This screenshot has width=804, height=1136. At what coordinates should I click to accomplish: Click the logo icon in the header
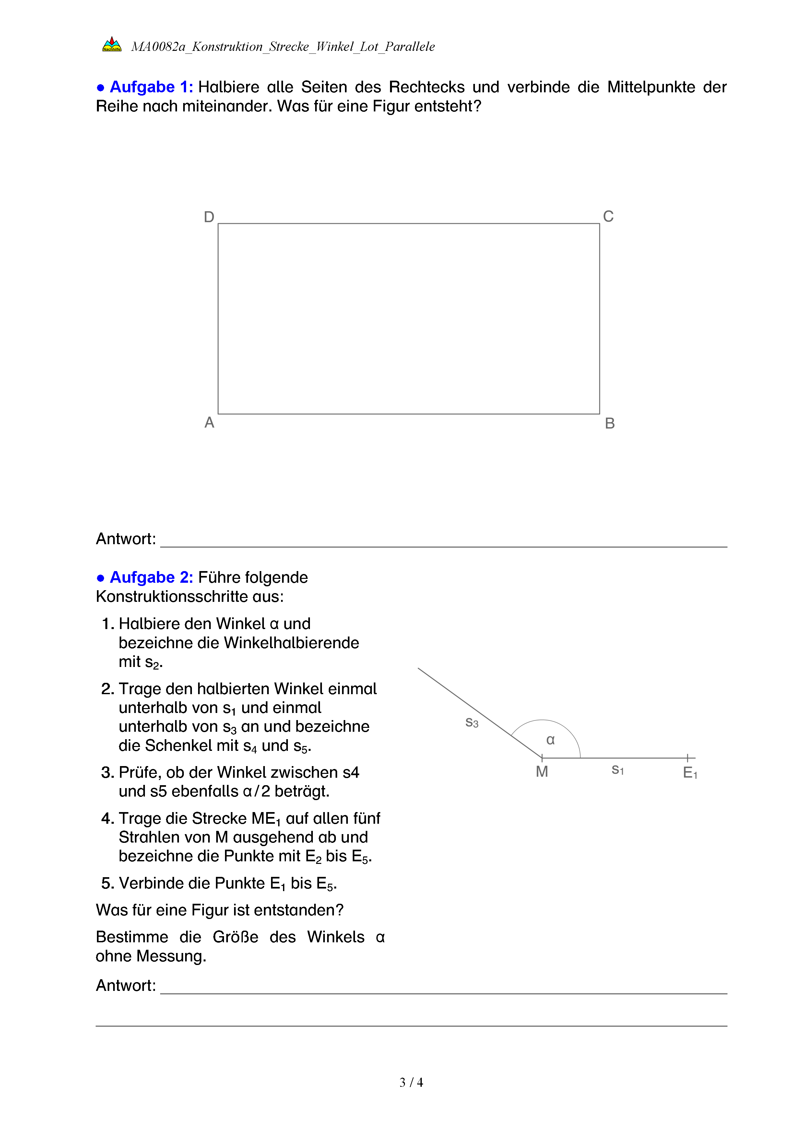pos(112,44)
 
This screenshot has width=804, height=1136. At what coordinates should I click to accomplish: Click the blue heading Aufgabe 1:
pos(151,87)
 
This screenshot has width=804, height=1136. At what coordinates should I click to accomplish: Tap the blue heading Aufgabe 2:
pos(151,578)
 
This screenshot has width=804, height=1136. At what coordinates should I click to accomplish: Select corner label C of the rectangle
pos(608,216)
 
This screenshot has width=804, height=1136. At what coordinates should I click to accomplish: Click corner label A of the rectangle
pos(209,422)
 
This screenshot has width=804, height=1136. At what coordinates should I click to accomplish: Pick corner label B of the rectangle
pos(609,423)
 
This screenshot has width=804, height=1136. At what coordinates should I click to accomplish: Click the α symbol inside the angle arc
pos(550,740)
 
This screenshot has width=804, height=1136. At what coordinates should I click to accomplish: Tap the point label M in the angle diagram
pos(542,771)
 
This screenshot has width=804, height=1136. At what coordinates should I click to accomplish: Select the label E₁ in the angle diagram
pos(690,772)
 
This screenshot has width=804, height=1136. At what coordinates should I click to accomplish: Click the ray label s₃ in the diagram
pos(472,723)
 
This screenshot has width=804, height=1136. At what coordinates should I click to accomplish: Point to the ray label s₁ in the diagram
pos(617,770)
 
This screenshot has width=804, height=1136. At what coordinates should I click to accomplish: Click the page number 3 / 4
pos(411,1082)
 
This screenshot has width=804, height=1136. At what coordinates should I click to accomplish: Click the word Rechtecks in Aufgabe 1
pos(426,87)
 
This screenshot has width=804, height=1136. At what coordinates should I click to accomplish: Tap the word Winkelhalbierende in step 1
pos(291,643)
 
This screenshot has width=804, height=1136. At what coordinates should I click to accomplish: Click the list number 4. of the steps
pos(107,818)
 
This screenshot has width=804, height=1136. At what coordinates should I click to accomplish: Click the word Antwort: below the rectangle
pos(126,539)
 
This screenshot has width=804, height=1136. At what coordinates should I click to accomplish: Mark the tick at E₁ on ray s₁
pos(687,758)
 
